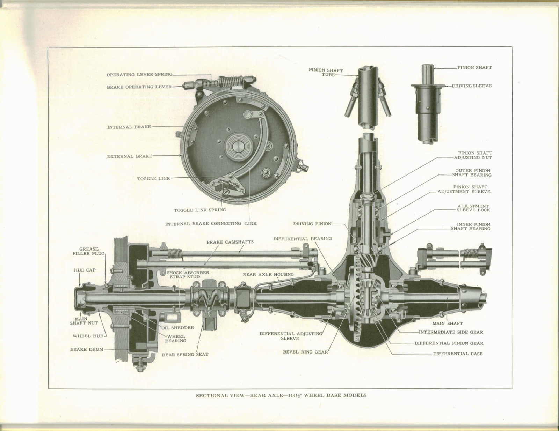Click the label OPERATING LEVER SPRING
(139, 75)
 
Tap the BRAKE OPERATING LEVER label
(139, 87)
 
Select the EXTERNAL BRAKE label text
(129, 156)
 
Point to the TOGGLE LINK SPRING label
(200, 210)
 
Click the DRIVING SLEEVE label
(472, 86)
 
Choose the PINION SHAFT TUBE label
(326, 72)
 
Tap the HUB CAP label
(85, 270)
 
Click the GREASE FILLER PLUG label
(88, 251)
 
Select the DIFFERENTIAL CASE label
(458, 354)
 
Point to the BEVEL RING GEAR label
(305, 352)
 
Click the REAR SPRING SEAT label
(185, 355)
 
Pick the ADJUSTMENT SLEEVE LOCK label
(473, 208)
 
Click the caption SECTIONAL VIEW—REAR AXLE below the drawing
(281, 395)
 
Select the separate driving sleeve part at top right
(427, 105)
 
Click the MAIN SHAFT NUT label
(84, 321)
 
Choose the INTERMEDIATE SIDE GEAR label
(451, 332)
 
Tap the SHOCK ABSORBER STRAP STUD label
(188, 275)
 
